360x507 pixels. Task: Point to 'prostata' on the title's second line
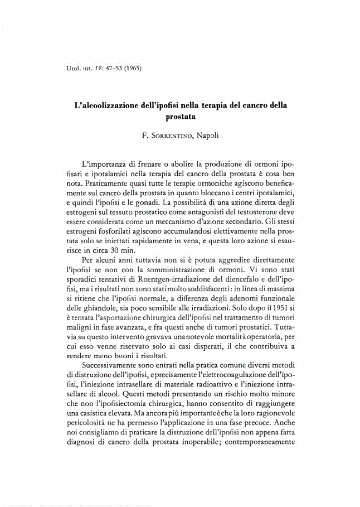181,117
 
